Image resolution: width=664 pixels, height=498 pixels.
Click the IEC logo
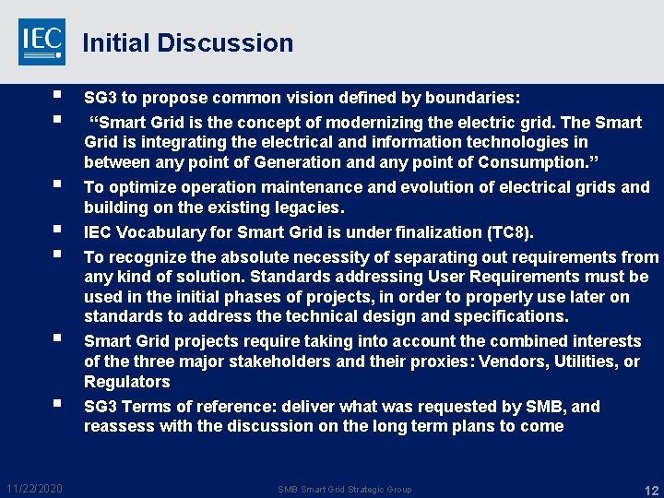41,41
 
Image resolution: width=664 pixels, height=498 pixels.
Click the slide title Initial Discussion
187,43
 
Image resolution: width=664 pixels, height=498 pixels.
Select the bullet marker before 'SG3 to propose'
57,95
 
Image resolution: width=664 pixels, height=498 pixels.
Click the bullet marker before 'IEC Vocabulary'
57,230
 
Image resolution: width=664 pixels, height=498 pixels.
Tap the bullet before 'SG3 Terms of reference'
57,404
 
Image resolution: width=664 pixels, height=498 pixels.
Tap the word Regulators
127,382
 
